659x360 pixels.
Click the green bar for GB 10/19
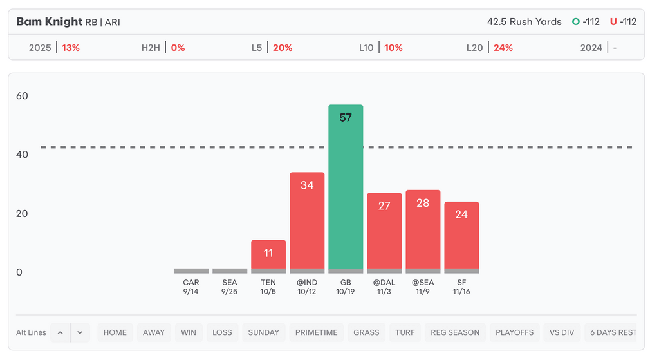click(x=346, y=187)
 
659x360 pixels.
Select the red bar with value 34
click(x=307, y=220)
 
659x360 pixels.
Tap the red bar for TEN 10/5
click(x=268, y=254)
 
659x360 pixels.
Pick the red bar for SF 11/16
click(x=461, y=235)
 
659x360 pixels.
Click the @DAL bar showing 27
click(x=384, y=231)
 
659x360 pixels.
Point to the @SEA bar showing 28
click(x=423, y=229)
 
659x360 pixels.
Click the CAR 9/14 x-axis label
click(x=191, y=287)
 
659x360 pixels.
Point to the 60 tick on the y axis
click(x=22, y=96)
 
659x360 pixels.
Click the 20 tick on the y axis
click(x=22, y=214)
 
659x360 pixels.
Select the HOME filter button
click(x=115, y=332)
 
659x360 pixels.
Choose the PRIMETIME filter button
click(x=316, y=332)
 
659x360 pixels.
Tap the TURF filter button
click(x=405, y=332)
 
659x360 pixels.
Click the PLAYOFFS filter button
click(x=514, y=332)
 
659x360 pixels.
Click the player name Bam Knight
click(x=49, y=22)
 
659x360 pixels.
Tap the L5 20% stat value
click(x=282, y=48)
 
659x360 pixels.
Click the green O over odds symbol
click(x=576, y=22)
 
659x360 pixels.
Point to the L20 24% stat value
click(x=503, y=48)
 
